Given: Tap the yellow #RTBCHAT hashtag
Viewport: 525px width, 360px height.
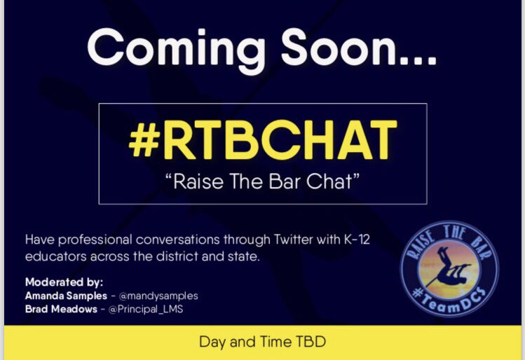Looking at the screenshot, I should pyautogui.click(x=263, y=139).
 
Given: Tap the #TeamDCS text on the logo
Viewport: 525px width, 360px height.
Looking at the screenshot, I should pyautogui.click(x=449, y=300).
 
